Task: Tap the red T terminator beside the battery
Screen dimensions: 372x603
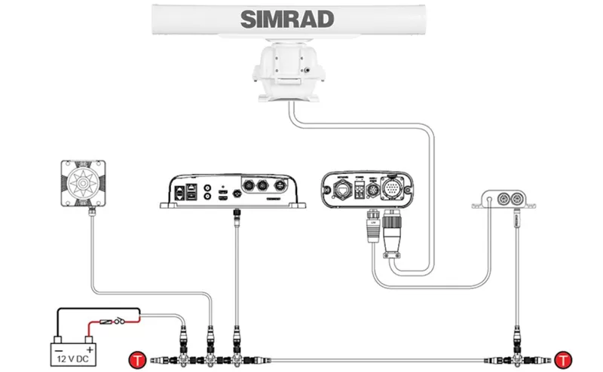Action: click(x=137, y=358)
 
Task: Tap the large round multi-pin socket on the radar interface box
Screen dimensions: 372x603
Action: click(x=394, y=186)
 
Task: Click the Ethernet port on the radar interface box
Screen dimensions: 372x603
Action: click(x=341, y=188)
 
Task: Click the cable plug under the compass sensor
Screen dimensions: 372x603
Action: click(x=91, y=214)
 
